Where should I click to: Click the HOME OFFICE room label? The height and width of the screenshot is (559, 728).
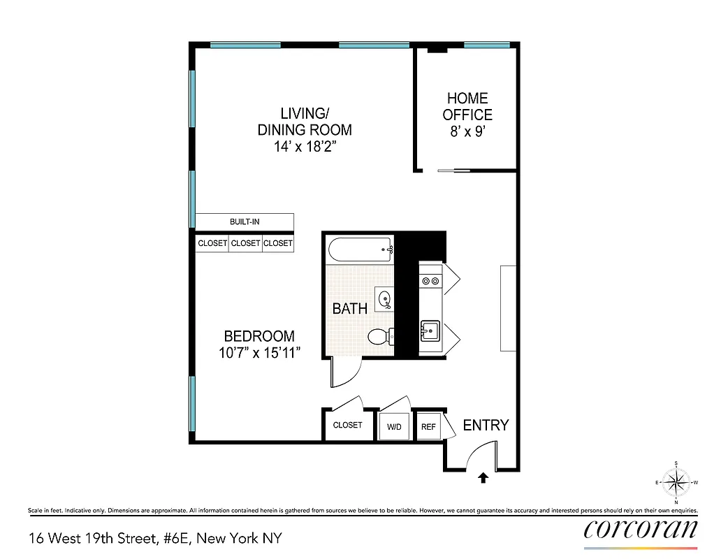pyautogui.click(x=467, y=106)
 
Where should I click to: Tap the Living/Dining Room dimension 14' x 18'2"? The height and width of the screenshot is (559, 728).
pyautogui.click(x=305, y=147)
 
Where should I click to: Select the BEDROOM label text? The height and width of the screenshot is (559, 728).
pyautogui.click(x=259, y=336)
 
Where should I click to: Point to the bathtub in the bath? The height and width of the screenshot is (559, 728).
pyautogui.click(x=360, y=248)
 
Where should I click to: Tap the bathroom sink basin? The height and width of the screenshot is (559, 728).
pyautogui.click(x=384, y=300)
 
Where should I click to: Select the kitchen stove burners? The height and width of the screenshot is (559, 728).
pyautogui.click(x=430, y=281)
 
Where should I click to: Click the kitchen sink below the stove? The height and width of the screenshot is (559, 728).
pyautogui.click(x=430, y=329)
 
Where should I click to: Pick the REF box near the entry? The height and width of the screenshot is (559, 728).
pyautogui.click(x=428, y=426)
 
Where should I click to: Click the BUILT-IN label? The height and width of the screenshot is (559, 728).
pyautogui.click(x=245, y=222)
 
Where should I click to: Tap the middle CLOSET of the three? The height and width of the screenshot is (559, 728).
pyautogui.click(x=245, y=243)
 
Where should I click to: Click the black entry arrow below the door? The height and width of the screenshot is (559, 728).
pyautogui.click(x=482, y=478)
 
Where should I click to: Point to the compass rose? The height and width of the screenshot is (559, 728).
pyautogui.click(x=676, y=482)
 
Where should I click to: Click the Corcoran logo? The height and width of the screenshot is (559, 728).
pyautogui.click(x=641, y=529)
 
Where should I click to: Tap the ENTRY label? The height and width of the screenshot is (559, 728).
pyautogui.click(x=486, y=425)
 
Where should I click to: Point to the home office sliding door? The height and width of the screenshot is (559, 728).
pyautogui.click(x=453, y=170)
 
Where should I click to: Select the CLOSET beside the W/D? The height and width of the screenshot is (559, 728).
pyautogui.click(x=347, y=425)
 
